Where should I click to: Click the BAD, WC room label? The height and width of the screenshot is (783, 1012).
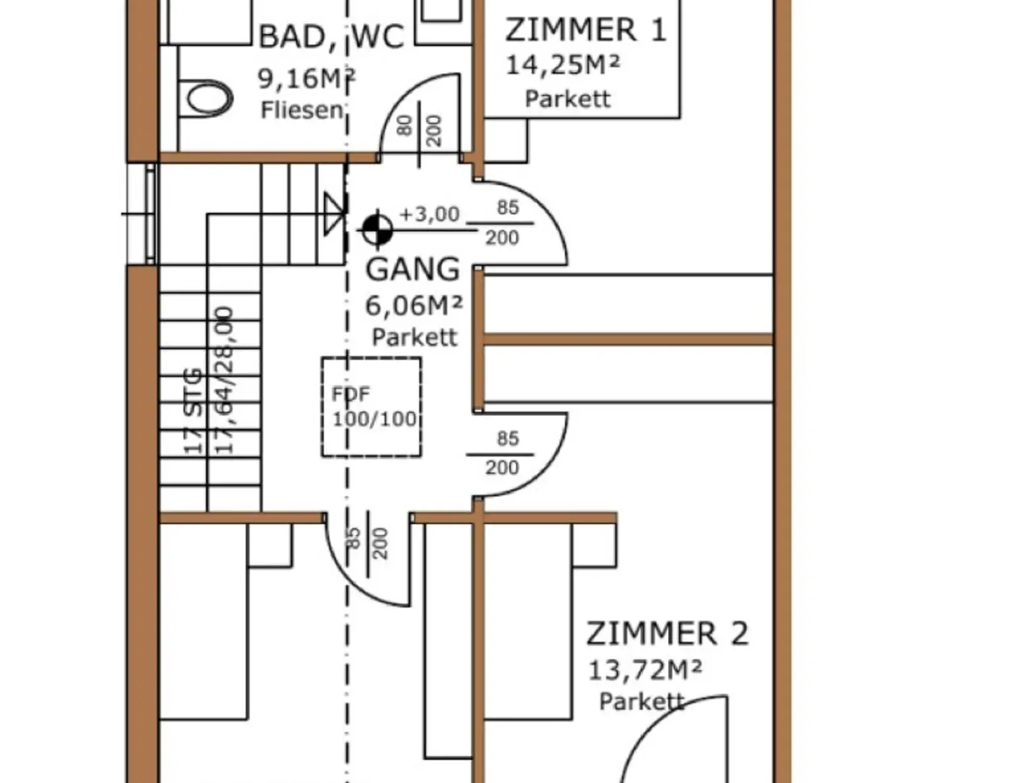[331, 37]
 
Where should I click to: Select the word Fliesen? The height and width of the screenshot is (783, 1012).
[302, 110]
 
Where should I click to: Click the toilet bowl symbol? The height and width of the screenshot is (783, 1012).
[209, 99]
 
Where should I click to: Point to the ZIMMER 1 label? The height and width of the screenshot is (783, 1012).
[586, 30]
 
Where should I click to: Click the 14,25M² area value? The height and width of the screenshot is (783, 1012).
[563, 65]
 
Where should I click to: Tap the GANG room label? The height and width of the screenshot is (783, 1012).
[413, 270]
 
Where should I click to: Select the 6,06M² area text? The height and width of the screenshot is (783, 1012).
[414, 305]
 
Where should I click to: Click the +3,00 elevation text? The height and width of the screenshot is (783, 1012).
[430, 214]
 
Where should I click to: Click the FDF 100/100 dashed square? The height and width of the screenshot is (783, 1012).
[372, 407]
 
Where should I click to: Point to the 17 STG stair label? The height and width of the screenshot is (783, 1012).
[192, 411]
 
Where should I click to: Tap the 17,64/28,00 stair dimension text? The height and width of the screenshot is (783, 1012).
[225, 380]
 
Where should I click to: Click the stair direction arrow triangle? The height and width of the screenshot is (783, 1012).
[334, 214]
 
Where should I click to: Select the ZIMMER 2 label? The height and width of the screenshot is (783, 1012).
[667, 634]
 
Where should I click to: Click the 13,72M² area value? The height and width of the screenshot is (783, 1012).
[644, 671]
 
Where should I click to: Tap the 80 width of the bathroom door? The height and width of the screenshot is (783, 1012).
[405, 125]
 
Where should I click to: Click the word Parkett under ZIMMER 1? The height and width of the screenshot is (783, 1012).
[567, 99]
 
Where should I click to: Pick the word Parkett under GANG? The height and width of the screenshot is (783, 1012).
[414, 337]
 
